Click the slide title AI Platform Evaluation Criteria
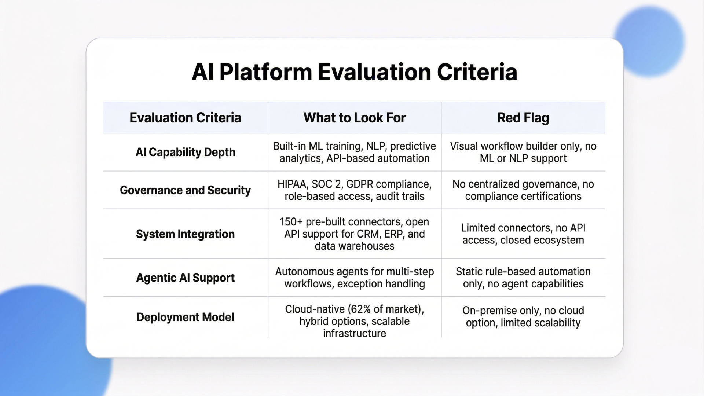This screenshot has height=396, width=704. pos(354,72)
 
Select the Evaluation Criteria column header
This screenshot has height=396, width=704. pos(185,118)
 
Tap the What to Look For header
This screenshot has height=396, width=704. pos(354,118)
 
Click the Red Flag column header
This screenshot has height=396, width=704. pos(523,118)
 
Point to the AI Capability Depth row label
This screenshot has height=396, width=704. pos(185,152)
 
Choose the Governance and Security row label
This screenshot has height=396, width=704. pos(185,190)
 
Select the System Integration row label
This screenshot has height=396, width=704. pos(185,234)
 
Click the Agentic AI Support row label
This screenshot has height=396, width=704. pos(185,278)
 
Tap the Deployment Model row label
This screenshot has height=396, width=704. pos(185,317)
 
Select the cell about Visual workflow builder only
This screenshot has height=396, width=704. pos(523,152)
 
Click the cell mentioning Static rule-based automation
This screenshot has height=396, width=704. pos(523,278)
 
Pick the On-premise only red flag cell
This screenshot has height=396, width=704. pos(523,316)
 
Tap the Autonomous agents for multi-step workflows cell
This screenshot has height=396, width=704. pos(354,278)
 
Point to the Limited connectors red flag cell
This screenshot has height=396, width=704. pos(523,234)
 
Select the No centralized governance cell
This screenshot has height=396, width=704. pos(523,190)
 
